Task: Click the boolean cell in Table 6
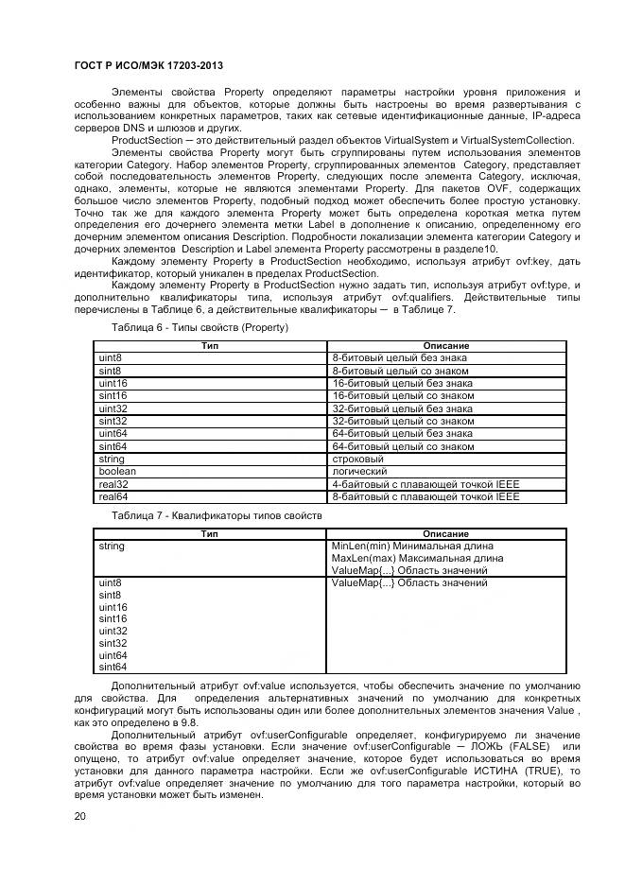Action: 117,471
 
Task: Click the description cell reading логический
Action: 359,471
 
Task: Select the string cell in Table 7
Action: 112,547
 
